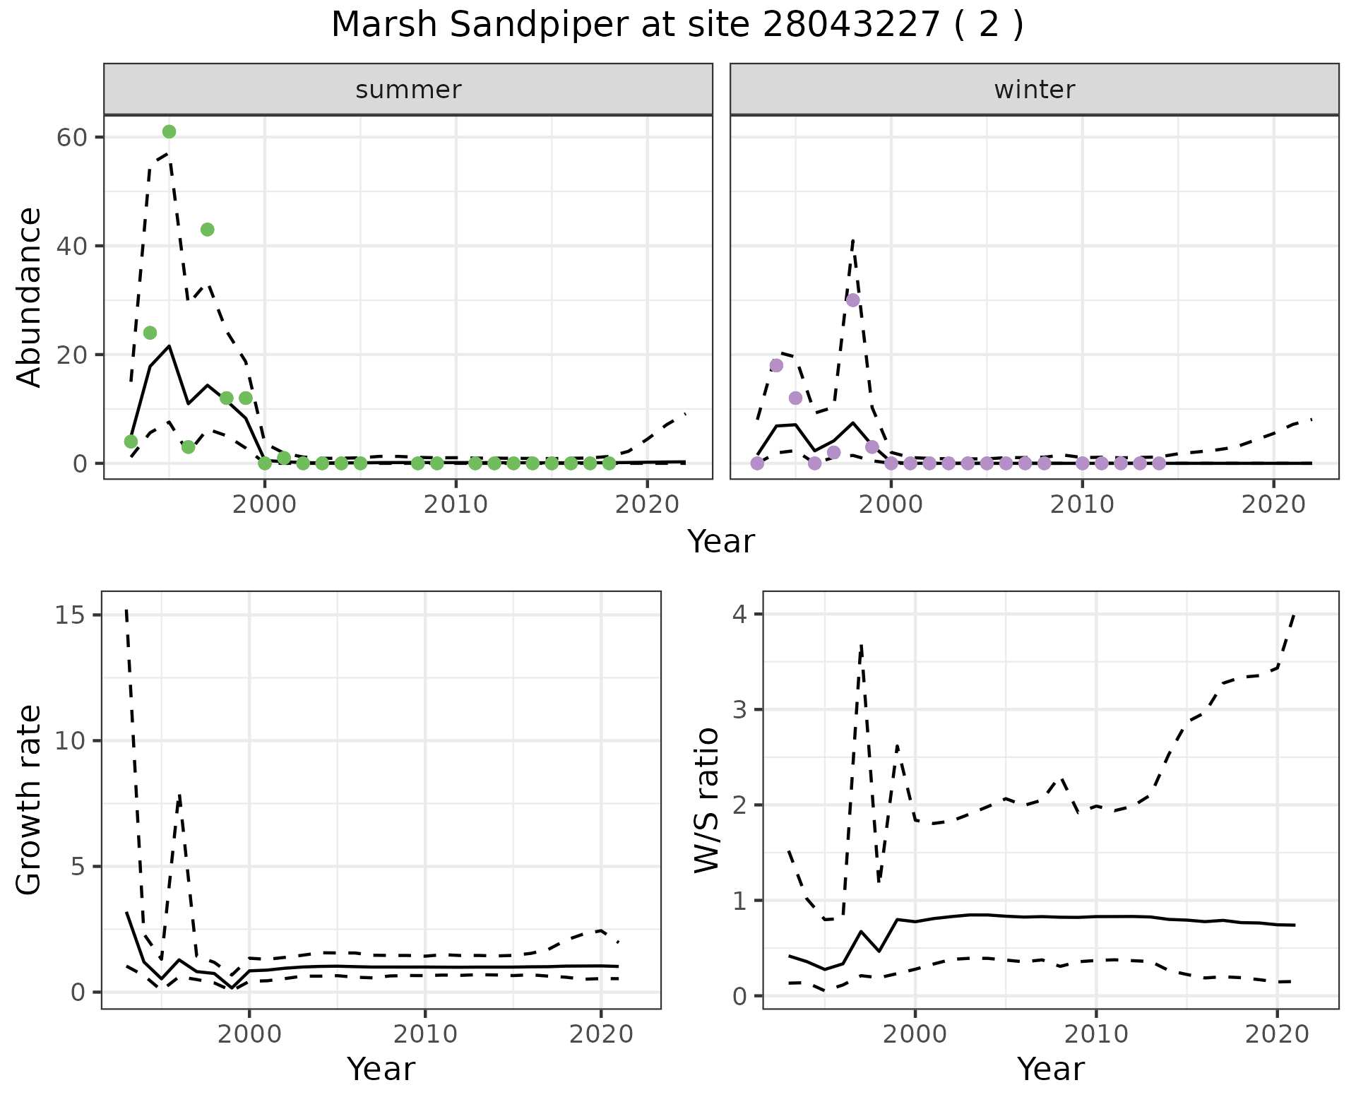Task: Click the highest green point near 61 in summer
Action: coord(169,132)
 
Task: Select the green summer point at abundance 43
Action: coord(207,230)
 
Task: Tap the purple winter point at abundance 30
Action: coord(852,300)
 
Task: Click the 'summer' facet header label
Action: coord(408,90)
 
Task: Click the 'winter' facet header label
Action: coord(1034,90)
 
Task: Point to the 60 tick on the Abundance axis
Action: coord(71,137)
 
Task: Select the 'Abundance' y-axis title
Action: coord(30,297)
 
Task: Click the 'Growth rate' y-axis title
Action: coord(30,800)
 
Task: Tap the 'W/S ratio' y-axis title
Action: coord(706,800)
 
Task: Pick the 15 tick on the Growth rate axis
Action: coord(70,615)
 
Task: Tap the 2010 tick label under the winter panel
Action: coord(1082,504)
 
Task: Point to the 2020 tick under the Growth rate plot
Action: coord(600,1034)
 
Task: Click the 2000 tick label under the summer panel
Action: coord(265,504)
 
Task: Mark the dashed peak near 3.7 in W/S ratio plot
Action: coord(862,645)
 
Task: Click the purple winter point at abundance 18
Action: coord(776,365)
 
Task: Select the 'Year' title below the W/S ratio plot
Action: coord(1050,1070)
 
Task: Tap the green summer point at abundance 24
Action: coord(150,333)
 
